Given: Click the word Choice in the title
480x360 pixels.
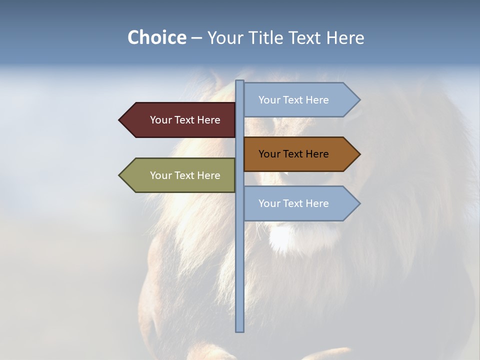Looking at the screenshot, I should click(x=156, y=37).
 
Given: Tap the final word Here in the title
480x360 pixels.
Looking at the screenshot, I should click(x=345, y=37).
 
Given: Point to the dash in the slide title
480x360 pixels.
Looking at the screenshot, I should click(x=196, y=38).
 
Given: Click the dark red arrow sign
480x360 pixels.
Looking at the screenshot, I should click(x=177, y=120).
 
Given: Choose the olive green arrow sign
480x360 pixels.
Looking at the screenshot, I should click(x=177, y=175).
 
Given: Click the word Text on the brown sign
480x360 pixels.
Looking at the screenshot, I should click(x=293, y=154).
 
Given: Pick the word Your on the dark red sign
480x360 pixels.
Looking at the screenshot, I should click(x=161, y=120).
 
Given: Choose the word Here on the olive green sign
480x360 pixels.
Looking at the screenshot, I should click(x=208, y=175).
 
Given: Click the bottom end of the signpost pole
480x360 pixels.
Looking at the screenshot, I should click(x=239, y=329).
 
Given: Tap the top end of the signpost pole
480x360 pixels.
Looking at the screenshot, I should click(x=239, y=82).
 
